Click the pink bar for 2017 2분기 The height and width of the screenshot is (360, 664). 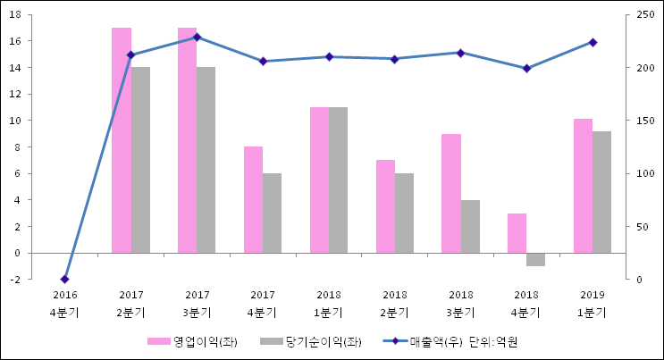[x=122, y=140]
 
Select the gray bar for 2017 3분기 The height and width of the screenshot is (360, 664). [x=206, y=160]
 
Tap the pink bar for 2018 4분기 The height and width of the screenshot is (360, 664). [x=517, y=233]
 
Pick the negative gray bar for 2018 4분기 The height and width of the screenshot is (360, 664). [x=535, y=259]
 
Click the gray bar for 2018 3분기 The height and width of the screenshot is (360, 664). [x=470, y=226]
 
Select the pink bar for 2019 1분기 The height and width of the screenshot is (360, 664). [x=583, y=186]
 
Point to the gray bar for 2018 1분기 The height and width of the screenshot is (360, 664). [x=338, y=180]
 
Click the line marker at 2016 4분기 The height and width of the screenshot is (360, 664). [x=64, y=280]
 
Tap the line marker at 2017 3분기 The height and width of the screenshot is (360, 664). [x=197, y=38]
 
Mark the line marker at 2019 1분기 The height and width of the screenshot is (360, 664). [x=593, y=42]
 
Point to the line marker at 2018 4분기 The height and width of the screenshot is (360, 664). [x=526, y=69]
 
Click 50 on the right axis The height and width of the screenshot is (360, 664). [x=643, y=227]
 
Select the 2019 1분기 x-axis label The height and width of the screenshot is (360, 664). [x=592, y=304]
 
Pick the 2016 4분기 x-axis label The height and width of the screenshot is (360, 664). [x=64, y=304]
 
